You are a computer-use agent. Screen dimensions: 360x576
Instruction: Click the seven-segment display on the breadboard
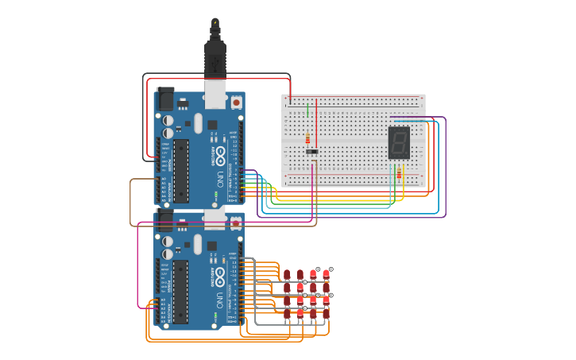[399, 142]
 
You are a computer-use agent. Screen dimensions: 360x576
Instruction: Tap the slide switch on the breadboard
[312, 151]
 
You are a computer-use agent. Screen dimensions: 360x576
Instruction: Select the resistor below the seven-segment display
[399, 173]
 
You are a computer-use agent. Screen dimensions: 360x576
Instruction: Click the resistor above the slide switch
[308, 139]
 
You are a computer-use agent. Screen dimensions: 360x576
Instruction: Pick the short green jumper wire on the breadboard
[307, 110]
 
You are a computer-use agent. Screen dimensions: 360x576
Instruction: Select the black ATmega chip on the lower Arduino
[181, 291]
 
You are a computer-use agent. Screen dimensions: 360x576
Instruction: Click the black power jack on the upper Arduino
[164, 99]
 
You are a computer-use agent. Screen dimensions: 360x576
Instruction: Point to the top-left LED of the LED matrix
[287, 274]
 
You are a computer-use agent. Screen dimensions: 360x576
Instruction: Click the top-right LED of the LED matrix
[326, 274]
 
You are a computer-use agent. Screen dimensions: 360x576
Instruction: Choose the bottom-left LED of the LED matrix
[287, 313]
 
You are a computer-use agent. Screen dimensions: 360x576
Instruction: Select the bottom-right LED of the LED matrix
[326, 313]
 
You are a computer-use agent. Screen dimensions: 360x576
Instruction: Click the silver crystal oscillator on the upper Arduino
[198, 123]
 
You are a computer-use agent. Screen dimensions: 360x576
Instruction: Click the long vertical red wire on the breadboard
[316, 123]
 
